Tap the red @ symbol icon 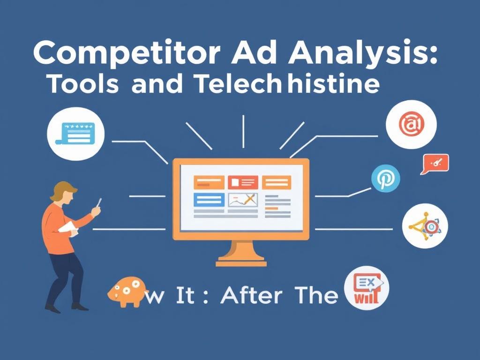click(411, 125)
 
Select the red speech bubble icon click(435, 163)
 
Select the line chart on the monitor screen click(243, 200)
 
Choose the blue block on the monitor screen click(208, 200)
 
